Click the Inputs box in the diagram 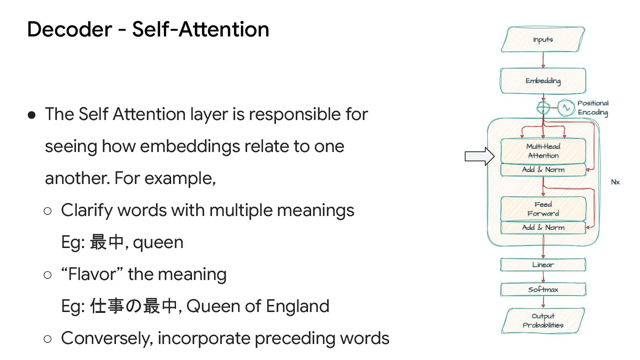click(x=543, y=40)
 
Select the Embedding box click(x=543, y=81)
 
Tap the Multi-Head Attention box click(x=543, y=151)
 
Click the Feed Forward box click(x=543, y=209)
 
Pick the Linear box click(x=543, y=264)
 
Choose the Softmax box click(x=543, y=289)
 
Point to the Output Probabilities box click(x=543, y=320)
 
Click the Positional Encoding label click(x=593, y=108)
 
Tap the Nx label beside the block click(x=615, y=182)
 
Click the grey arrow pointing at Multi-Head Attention click(x=480, y=156)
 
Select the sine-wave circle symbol click(x=566, y=108)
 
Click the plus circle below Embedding click(x=543, y=108)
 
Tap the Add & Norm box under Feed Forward click(x=543, y=227)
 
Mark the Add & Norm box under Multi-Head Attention click(x=543, y=169)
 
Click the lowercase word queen click(x=158, y=242)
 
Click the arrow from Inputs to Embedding click(x=543, y=60)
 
